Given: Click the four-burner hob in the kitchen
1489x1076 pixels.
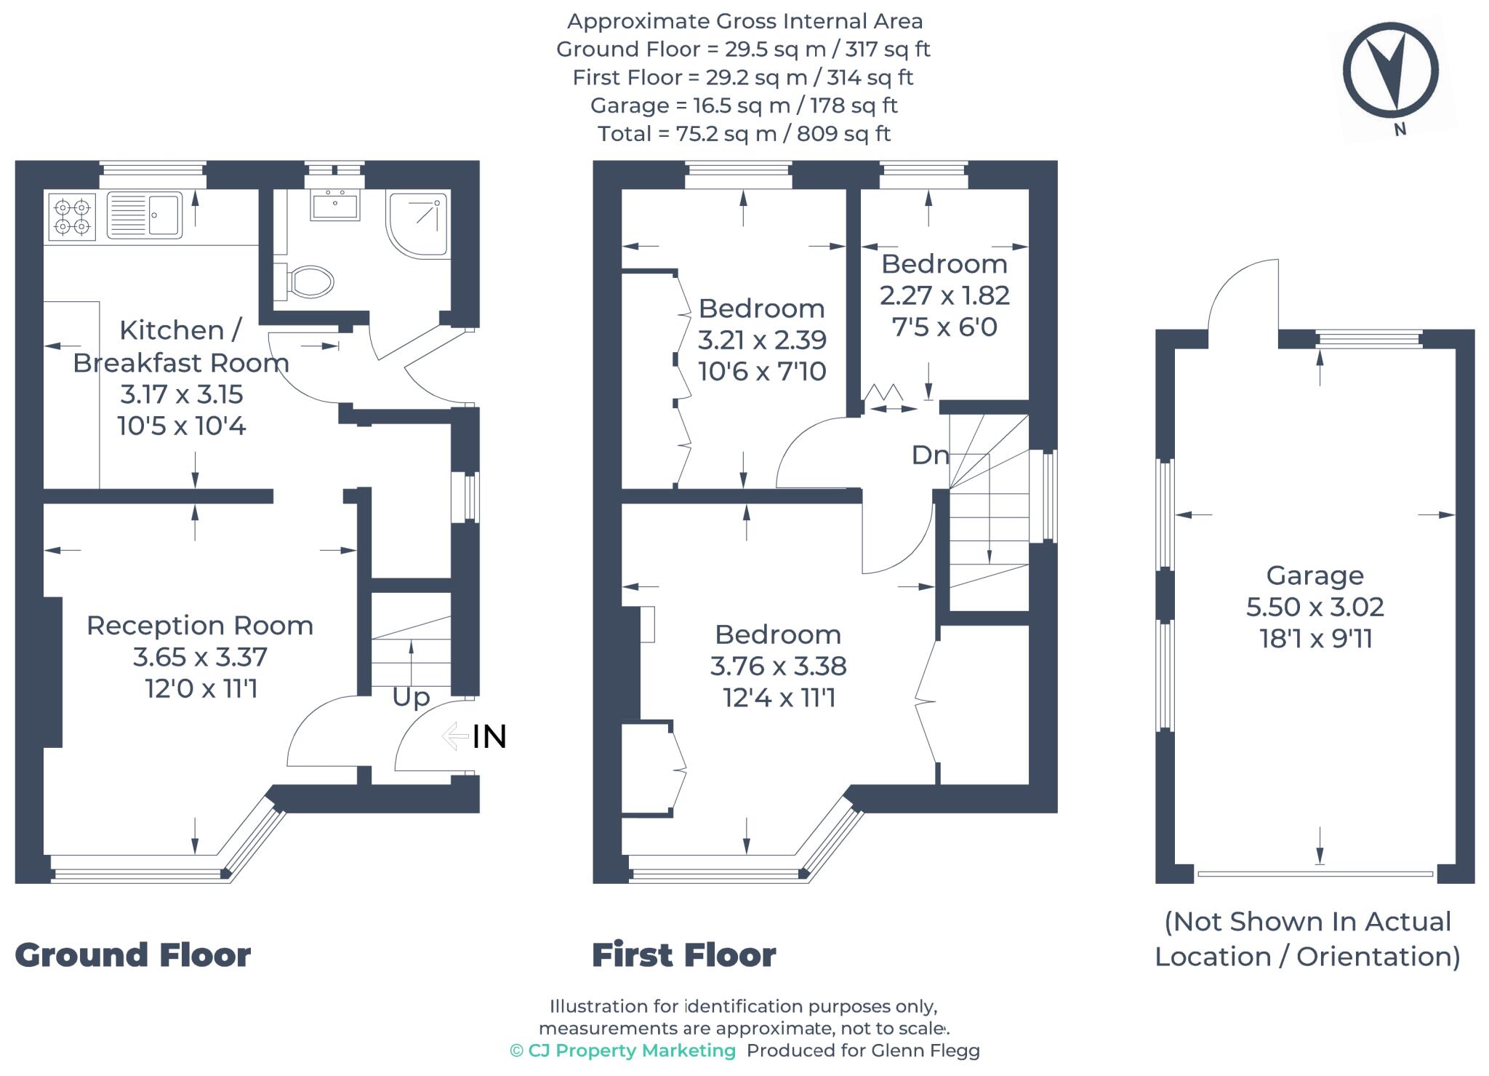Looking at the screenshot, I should coord(72,216).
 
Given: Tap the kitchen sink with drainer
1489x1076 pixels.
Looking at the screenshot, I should coord(145,215).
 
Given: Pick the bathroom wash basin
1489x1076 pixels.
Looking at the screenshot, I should coord(334,204).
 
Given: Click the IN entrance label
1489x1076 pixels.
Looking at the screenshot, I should coord(489,737).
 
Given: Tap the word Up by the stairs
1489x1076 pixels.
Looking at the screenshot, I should coord(411,697).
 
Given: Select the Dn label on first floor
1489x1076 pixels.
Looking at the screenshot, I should coord(930,455).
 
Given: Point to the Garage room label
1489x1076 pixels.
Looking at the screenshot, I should coord(1315,575).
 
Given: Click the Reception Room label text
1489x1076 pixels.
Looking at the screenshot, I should coord(200,626).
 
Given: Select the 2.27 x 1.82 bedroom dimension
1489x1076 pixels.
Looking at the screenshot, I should coord(944,295).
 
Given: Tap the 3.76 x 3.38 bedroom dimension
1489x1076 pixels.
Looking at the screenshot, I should coord(778,666).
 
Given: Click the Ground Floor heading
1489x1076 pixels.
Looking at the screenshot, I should coord(133,955).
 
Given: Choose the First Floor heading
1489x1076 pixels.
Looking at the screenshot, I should coord(683,955).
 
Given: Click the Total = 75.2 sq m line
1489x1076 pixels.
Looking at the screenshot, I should coord(743,134).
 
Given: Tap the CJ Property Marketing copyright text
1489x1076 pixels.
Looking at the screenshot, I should coord(623,1051).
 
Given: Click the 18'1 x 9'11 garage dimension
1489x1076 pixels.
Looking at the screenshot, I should coord(1315,639).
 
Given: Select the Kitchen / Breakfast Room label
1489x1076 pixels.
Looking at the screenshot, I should coord(180,346).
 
